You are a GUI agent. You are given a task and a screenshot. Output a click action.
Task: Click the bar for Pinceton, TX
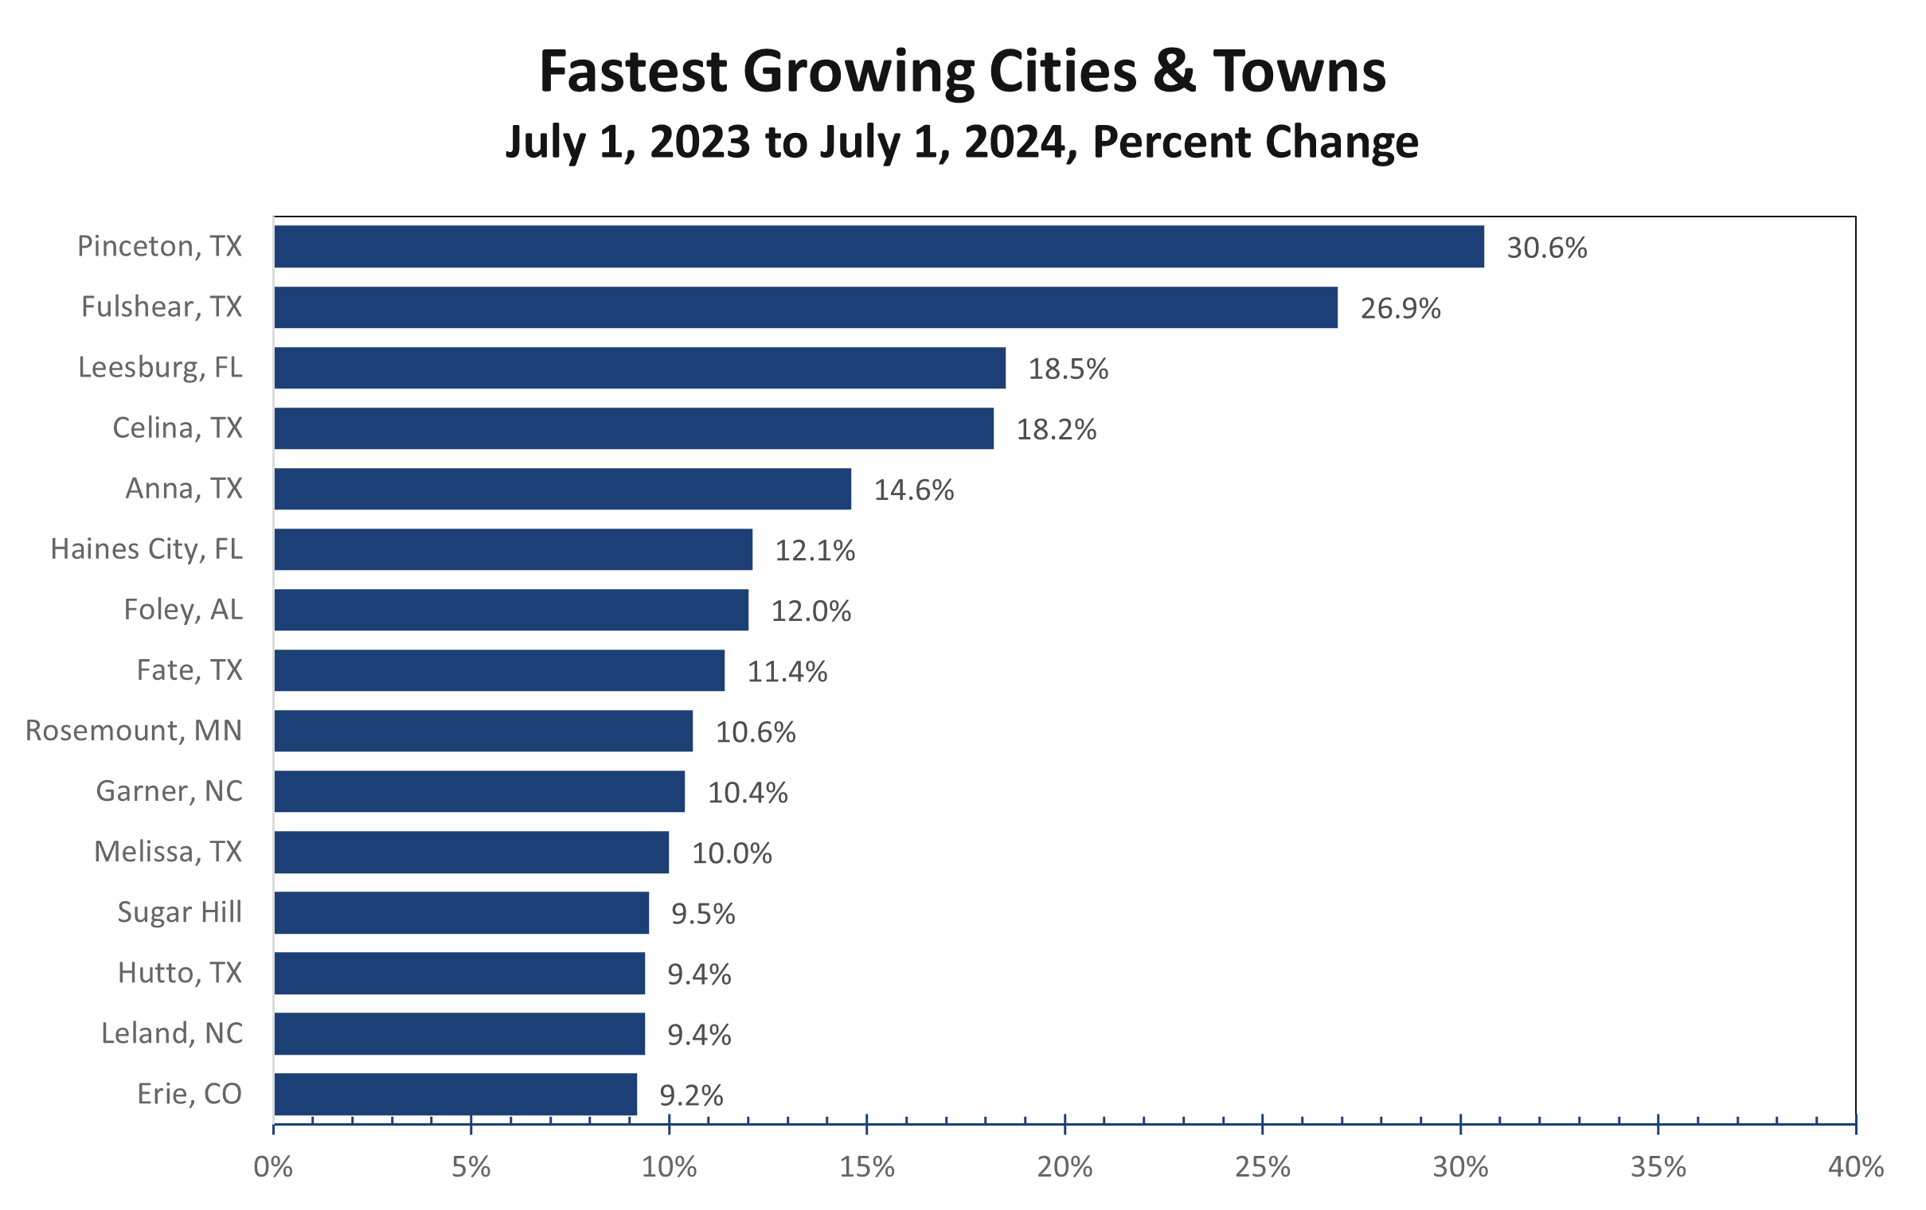(878, 246)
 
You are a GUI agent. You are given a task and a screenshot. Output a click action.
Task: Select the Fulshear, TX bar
(806, 307)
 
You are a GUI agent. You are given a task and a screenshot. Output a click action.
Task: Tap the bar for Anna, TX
(562, 489)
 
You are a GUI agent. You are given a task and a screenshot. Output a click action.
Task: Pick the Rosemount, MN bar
(483, 731)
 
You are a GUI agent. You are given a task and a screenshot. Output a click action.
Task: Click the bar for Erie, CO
(455, 1094)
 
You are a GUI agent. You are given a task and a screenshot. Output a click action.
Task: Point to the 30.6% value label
(1546, 248)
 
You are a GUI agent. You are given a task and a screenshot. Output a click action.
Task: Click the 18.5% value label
(1068, 369)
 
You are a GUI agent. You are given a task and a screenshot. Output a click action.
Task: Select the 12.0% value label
(811, 611)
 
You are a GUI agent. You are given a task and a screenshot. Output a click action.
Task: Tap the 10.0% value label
(731, 853)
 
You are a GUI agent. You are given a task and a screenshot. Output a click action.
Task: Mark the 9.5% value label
(702, 913)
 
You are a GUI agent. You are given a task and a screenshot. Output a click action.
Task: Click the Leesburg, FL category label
(160, 367)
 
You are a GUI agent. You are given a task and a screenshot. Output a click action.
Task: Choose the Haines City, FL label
(147, 549)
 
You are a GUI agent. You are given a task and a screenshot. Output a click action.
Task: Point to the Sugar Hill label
(179, 911)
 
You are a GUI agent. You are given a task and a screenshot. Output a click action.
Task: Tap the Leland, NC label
(171, 1033)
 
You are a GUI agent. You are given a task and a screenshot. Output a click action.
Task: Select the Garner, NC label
(169, 791)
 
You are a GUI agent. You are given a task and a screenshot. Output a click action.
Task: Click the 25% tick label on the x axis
(1262, 1168)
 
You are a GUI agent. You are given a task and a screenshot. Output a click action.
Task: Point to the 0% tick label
(273, 1168)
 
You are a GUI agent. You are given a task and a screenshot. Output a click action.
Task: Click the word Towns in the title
(1299, 72)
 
